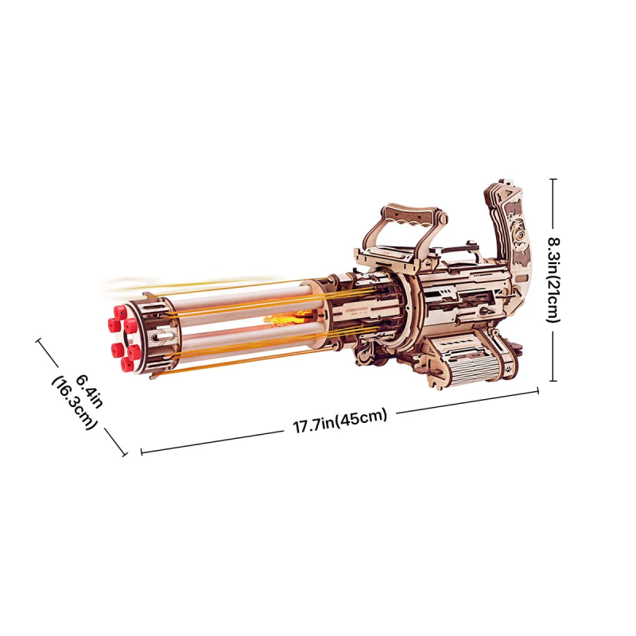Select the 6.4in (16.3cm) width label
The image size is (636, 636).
pyautogui.click(x=75, y=401)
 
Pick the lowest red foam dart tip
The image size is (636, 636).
pyautogui.click(x=126, y=365)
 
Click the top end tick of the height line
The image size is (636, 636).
pyautogui.click(x=553, y=179)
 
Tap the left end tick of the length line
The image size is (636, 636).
pyautogui.click(x=142, y=452)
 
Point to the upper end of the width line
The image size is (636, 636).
pyautogui.click(x=38, y=340)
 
